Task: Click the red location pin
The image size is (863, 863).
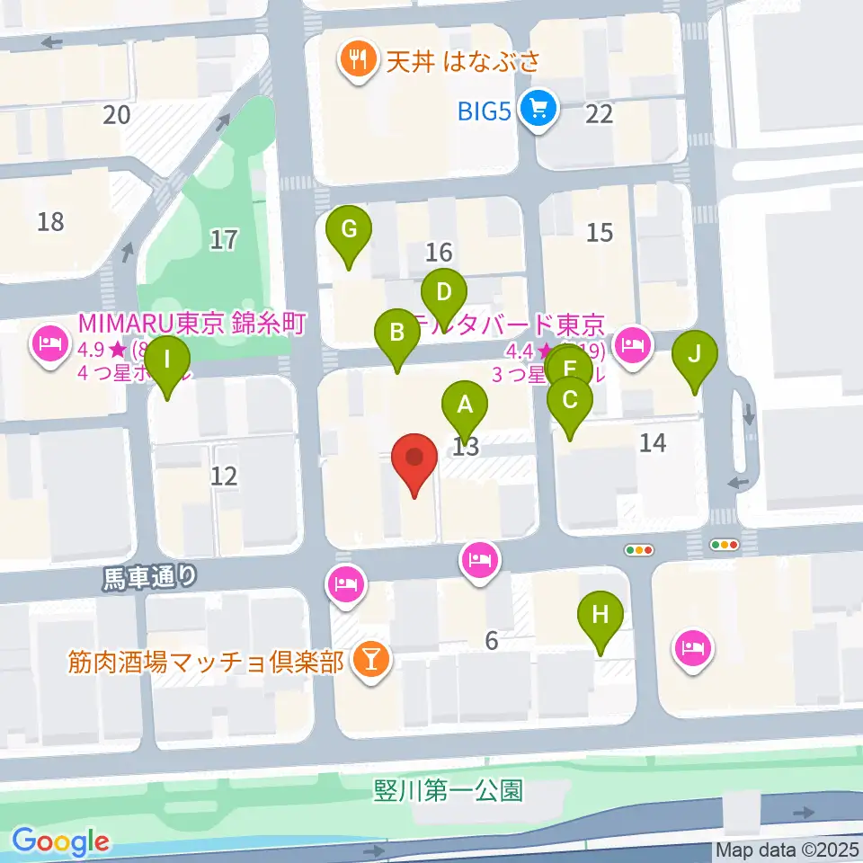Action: pos(414,460)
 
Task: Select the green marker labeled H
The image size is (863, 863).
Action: pos(601,617)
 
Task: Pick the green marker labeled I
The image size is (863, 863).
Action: pos(168,362)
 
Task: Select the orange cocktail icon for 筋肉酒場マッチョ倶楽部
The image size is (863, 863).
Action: pos(369,662)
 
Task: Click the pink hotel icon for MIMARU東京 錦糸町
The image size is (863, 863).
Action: pos(47,343)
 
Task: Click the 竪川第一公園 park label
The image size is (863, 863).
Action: pos(447,790)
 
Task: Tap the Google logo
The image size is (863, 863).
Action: pos(61,841)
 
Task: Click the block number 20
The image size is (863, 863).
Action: pos(117,114)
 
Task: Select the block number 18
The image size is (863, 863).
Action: pos(51,220)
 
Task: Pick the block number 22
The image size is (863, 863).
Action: pos(599,113)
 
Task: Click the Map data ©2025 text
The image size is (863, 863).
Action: pos(787,850)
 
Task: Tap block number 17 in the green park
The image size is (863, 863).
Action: pos(224,239)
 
